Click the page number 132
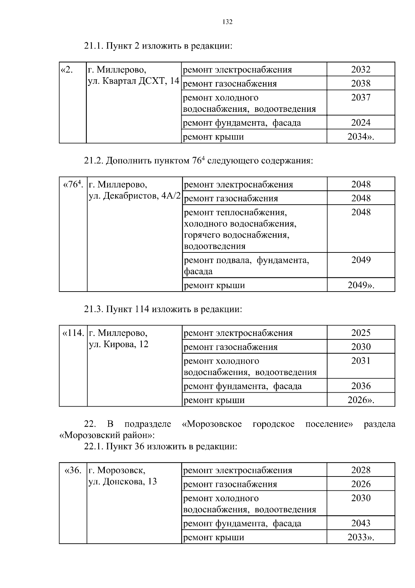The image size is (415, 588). (x=228, y=22)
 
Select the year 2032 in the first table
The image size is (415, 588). (x=361, y=70)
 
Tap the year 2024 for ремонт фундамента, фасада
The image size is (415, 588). (x=361, y=123)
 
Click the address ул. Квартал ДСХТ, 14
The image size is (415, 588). (x=133, y=81)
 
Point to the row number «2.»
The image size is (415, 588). (x=67, y=70)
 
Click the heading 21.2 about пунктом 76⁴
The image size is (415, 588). (x=198, y=161)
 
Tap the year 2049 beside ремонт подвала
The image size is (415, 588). (x=361, y=260)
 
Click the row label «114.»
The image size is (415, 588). (x=73, y=333)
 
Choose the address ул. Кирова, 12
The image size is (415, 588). (x=118, y=344)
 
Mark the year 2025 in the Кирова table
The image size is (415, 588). (x=361, y=333)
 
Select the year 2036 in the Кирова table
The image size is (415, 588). (x=361, y=386)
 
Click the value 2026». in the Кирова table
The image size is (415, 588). (x=361, y=400)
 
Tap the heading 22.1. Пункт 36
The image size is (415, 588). (x=160, y=446)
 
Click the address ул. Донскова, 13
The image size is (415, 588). (x=122, y=481)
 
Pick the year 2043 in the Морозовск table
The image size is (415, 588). (x=361, y=523)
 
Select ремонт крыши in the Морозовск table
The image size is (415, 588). (x=213, y=537)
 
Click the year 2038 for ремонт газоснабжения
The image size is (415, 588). (x=361, y=83)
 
